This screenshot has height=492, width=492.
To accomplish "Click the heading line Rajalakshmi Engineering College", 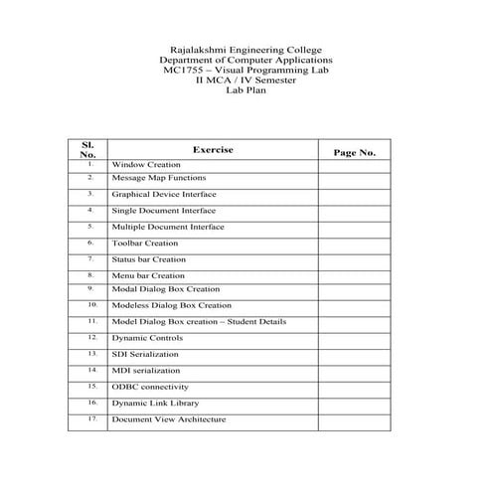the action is tap(246, 50).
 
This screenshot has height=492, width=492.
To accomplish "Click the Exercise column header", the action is tap(213, 150).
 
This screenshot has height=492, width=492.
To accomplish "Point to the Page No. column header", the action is tap(355, 153).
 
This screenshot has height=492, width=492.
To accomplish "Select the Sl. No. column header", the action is tap(87, 150).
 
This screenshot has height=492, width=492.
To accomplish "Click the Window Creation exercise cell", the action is tap(146, 164).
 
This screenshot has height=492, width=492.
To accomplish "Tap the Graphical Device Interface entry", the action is tap(163, 195).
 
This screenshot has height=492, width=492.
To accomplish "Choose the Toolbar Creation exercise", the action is tap(145, 243).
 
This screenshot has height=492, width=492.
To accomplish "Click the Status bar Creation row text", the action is tap(149, 259).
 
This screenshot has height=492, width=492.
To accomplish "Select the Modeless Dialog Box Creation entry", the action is tap(171, 305).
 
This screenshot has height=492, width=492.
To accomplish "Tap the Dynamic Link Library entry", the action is tap(155, 403).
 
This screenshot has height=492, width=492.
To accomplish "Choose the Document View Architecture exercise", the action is tap(169, 419).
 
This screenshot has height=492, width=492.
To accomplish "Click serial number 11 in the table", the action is tap(90, 321).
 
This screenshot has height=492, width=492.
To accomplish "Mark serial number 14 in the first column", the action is tap(90, 369).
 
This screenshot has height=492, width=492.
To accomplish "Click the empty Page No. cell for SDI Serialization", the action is tap(355, 354).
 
